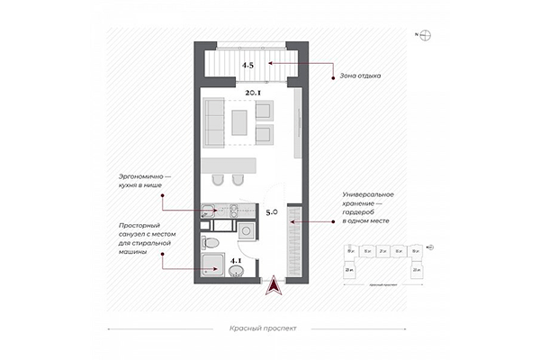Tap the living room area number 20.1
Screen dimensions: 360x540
pyautogui.click(x=252, y=92)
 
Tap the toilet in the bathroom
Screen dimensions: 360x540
pyautogui.click(x=209, y=242)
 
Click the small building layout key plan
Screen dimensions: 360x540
pyautogui.click(x=386, y=261)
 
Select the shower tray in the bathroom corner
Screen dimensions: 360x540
pyautogui.click(x=212, y=267)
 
